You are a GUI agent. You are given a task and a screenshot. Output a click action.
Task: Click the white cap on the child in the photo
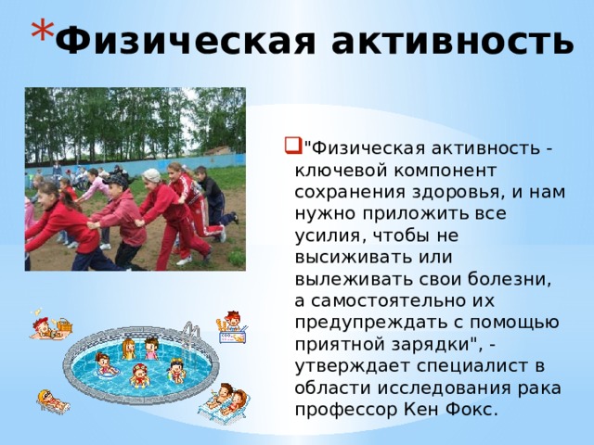151,174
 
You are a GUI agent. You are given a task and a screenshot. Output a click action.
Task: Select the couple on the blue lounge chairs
225,401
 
